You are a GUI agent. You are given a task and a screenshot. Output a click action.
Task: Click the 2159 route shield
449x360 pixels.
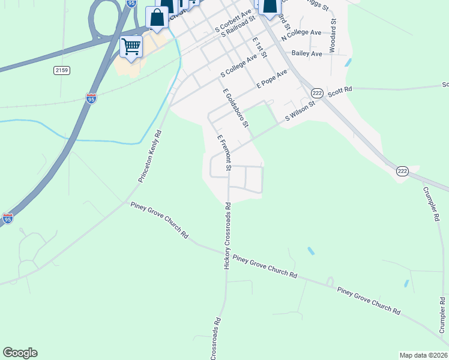pyautogui.click(x=62, y=71)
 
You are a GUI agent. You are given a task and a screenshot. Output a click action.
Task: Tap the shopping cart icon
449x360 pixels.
pyautogui.click(x=131, y=46)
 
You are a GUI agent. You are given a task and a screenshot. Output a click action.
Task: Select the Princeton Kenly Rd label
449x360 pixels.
pyautogui.click(x=150, y=156)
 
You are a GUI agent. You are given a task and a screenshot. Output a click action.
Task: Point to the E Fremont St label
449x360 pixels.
pyautogui.click(x=224, y=152)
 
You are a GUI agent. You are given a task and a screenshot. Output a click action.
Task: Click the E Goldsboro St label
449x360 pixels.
pyautogui.click(x=235, y=109)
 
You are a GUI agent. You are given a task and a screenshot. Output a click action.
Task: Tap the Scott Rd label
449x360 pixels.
pyautogui.click(x=339, y=90)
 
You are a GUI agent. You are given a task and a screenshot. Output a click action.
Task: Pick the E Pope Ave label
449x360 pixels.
pyautogui.click(x=272, y=79)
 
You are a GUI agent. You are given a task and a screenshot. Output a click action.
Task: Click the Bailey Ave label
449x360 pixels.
pyautogui.click(x=307, y=54)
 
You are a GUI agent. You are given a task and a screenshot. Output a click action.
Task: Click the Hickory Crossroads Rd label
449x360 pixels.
pyautogui.click(x=228, y=235)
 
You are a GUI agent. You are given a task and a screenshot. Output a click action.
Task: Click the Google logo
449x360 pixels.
pyautogui.click(x=20, y=353)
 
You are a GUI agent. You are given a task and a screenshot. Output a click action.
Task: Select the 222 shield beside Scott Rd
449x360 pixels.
pyautogui.click(x=318, y=92)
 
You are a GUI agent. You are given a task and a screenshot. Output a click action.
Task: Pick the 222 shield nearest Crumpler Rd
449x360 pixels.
pyautogui.click(x=402, y=172)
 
